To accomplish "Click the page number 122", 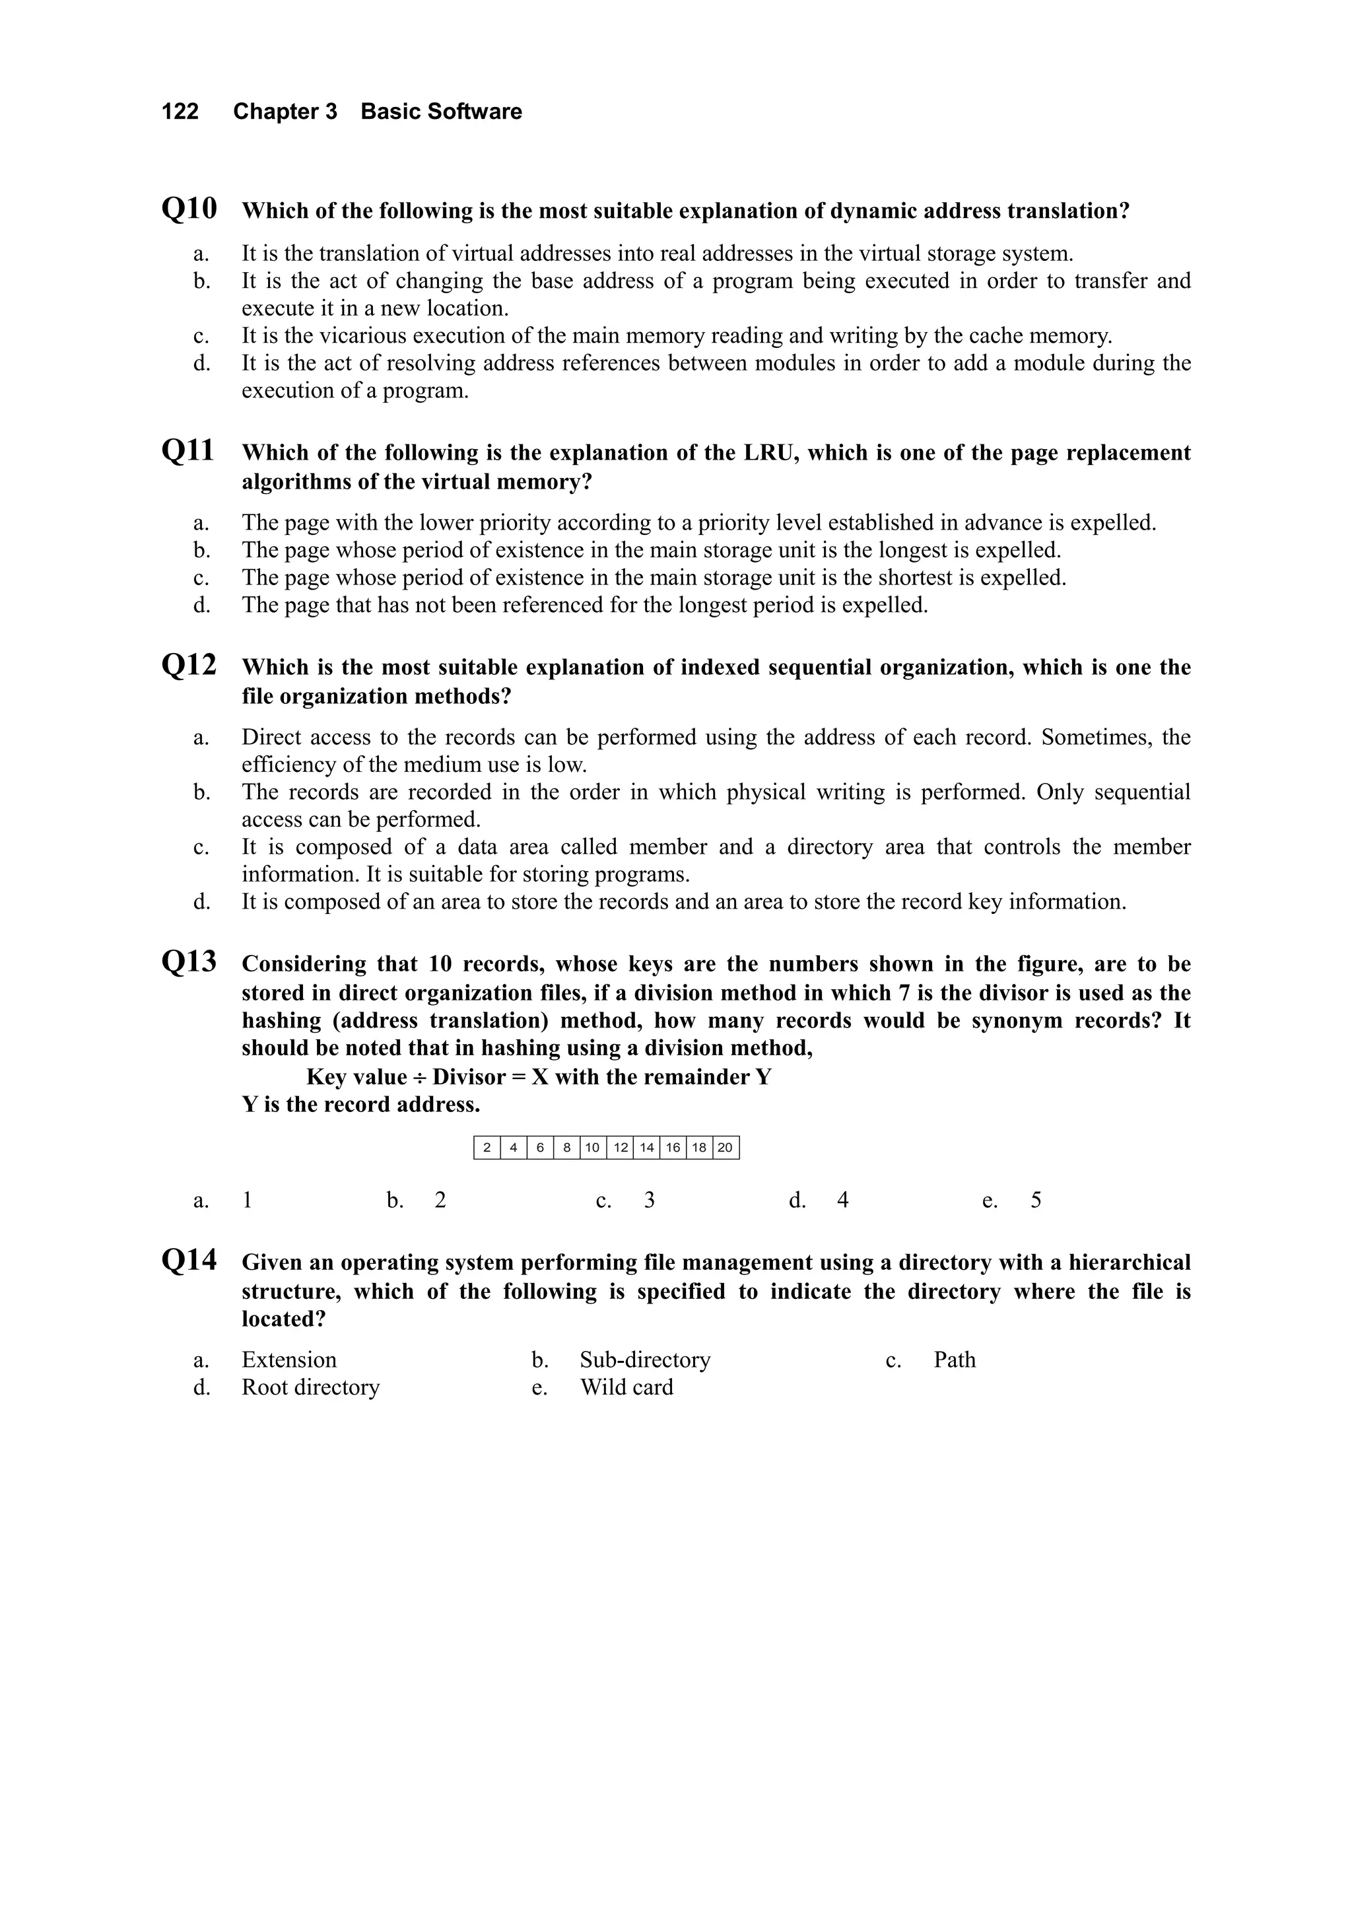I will point(180,112).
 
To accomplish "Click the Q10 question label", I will point(189,208).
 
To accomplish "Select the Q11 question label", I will point(187,451).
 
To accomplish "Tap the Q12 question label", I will point(189,665).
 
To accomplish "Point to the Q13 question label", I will point(189,961).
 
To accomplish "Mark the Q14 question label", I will point(189,1260).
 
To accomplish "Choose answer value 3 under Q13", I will point(649,1200).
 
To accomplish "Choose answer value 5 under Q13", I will point(1035,1200).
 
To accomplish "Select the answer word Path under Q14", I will point(954,1360).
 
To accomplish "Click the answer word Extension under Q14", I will point(289,1360).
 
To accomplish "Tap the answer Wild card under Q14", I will point(626,1387).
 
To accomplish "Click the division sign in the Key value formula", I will point(419,1077).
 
